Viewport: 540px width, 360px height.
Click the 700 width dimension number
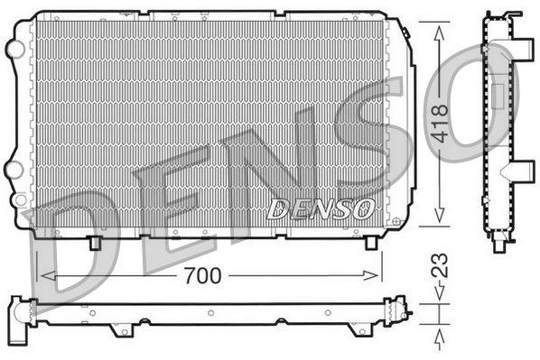pos(202,275)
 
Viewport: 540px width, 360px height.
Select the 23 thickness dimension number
pos(440,265)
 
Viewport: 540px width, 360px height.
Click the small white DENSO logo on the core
pos(321,209)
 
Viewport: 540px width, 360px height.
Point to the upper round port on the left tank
pos(14,49)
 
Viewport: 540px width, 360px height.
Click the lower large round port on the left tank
pos(14,170)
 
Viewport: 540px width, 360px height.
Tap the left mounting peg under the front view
pos(95,243)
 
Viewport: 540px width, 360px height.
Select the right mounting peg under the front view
pos(371,243)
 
